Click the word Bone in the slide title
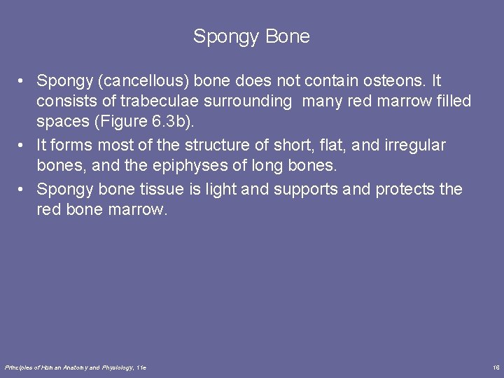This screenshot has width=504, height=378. coord(288,36)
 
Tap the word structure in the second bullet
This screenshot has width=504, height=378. coord(218,146)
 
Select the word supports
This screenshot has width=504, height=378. coord(313,189)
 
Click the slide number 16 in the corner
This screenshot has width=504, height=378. coord(496,367)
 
